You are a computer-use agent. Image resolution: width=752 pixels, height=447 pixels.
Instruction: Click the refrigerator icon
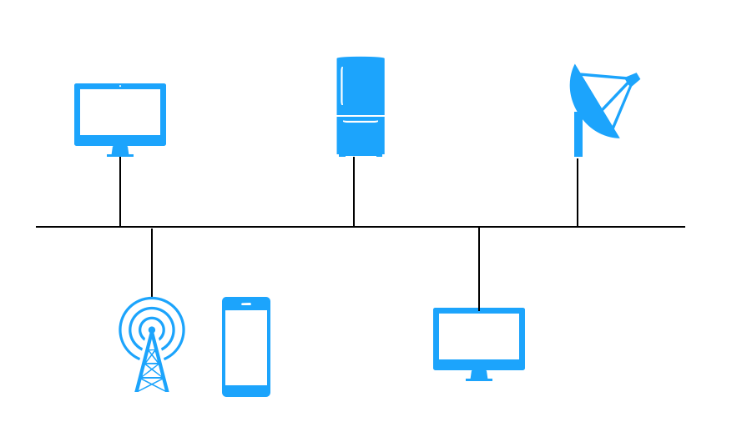click(x=361, y=106)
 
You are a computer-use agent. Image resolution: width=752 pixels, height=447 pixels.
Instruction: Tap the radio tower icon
click(x=152, y=344)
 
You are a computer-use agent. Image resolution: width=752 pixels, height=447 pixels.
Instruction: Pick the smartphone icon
click(x=246, y=346)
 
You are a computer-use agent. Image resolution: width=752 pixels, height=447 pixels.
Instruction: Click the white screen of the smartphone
click(x=246, y=348)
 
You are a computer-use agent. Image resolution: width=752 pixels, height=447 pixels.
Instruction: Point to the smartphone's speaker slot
click(x=246, y=304)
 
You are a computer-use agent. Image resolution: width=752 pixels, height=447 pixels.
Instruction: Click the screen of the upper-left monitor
click(x=120, y=112)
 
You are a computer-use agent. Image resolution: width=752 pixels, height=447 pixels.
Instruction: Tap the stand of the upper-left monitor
click(x=120, y=151)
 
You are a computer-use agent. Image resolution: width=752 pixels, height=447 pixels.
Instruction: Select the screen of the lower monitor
click(x=479, y=336)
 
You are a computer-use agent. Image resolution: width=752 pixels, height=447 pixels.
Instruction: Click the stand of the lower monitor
click(x=479, y=375)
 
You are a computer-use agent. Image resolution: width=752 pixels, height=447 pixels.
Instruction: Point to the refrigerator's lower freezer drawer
click(x=361, y=136)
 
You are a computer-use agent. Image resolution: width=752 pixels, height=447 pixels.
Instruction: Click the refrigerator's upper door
click(x=361, y=86)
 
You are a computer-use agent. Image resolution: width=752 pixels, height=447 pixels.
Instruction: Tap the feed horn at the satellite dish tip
click(x=633, y=79)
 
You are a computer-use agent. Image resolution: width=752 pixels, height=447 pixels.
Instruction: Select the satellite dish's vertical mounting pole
click(x=578, y=135)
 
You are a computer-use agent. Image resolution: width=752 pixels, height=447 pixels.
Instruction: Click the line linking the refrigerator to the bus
click(x=354, y=192)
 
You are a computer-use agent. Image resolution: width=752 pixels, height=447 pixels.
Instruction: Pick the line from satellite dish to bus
click(x=578, y=192)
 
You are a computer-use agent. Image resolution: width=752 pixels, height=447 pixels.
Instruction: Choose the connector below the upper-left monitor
click(x=120, y=192)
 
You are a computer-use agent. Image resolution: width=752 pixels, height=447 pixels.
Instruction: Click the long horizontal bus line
click(x=250, y=227)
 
